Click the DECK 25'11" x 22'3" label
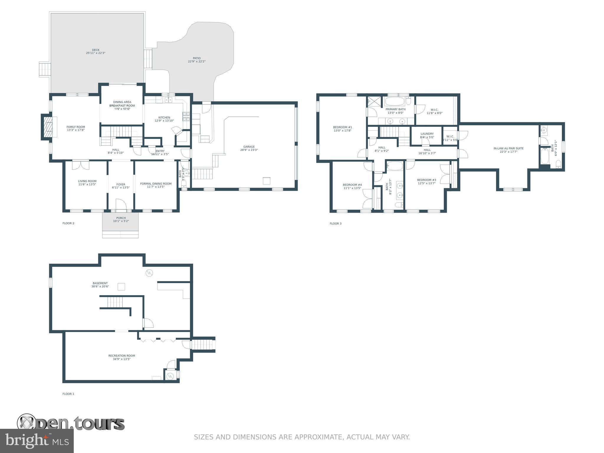click(x=96, y=52)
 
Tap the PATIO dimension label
click(x=197, y=60)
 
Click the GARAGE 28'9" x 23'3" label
click(x=249, y=148)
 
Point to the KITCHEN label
click(x=164, y=119)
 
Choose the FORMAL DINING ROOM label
click(x=156, y=185)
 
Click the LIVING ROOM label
click(x=87, y=183)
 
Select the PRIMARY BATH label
click(x=395, y=111)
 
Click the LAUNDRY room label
click(x=427, y=135)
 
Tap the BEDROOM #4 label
click(x=352, y=186)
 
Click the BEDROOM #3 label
click(x=426, y=182)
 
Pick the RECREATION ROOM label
click(x=122, y=357)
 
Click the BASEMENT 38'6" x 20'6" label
click(x=100, y=285)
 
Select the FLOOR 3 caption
click(x=335, y=224)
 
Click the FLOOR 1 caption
click(x=68, y=394)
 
